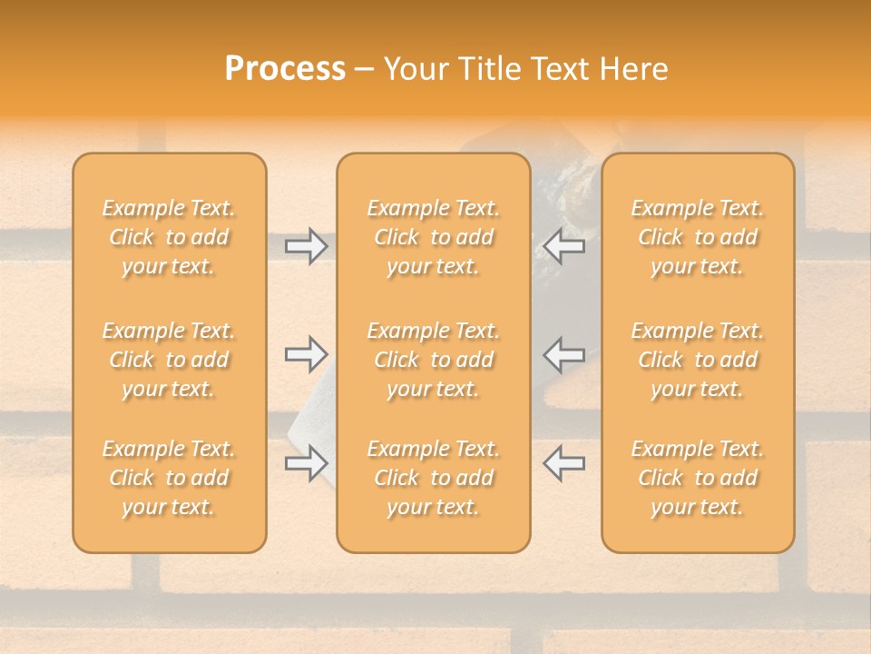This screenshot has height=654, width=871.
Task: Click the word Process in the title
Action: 285,69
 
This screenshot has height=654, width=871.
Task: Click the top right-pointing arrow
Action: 306,246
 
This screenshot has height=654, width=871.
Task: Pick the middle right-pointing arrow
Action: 306,354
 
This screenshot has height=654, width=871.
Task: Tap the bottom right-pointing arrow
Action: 306,462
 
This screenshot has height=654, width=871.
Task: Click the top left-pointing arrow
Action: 563,246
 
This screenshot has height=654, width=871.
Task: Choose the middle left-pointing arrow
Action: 563,354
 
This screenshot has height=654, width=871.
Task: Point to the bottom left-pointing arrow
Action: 563,462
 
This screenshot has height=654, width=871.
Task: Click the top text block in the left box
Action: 169,237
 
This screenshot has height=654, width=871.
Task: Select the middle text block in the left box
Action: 169,360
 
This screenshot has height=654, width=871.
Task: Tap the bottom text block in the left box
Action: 169,478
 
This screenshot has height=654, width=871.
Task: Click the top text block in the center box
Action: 433,237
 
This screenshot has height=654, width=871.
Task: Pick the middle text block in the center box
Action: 433,360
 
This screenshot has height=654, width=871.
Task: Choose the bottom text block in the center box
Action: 433,478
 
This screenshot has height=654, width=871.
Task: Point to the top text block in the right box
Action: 698,237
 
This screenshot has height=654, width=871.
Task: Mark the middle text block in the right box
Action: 698,360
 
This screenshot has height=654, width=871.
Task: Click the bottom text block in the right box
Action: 698,478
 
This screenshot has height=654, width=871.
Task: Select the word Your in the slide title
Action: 414,69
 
